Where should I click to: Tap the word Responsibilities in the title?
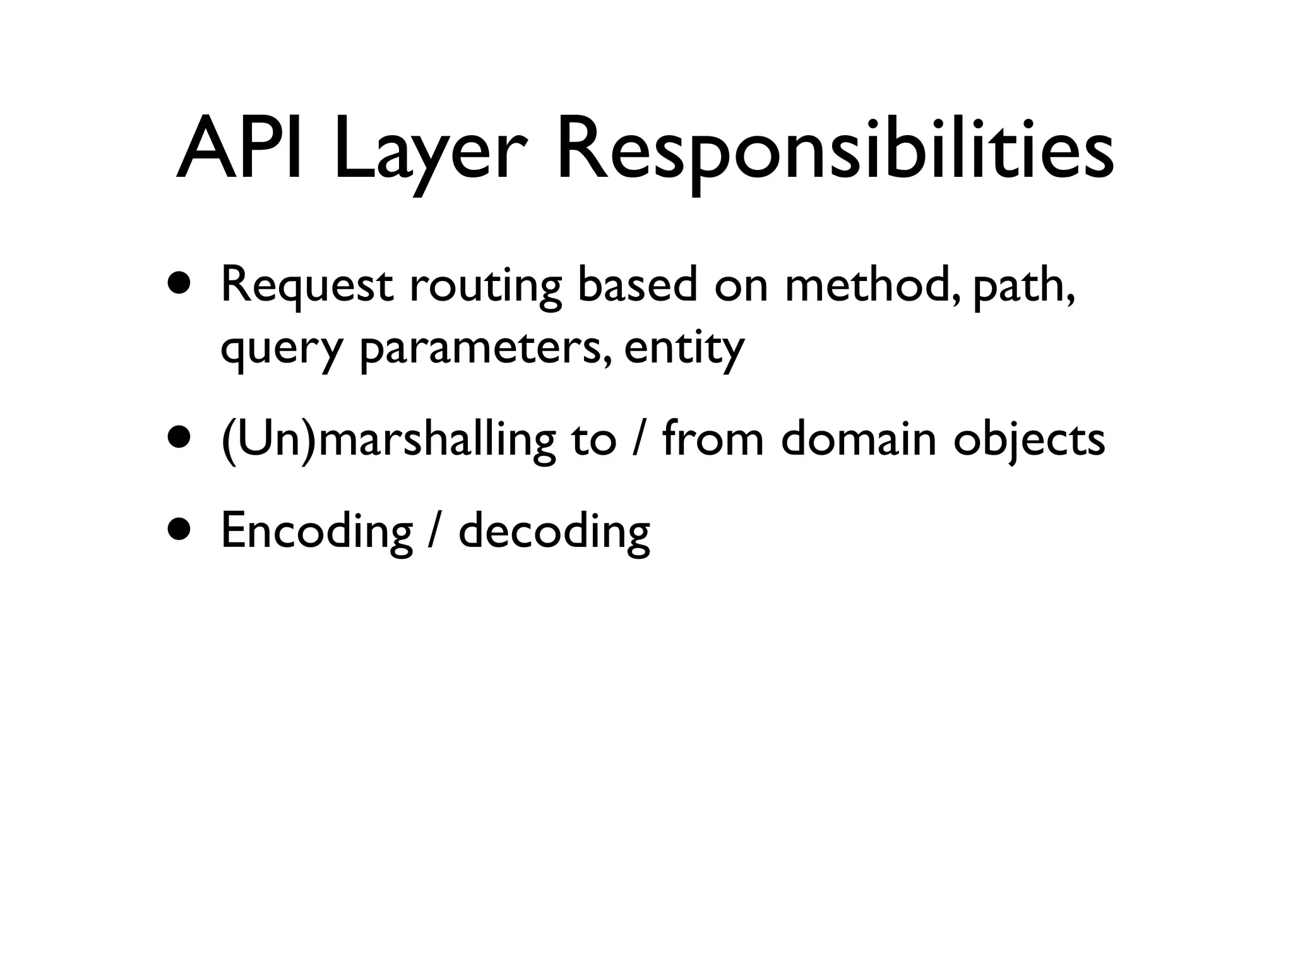pos(835,155)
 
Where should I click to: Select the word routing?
pos(485,287)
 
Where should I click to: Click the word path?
pos(1023,287)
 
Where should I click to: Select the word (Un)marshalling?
pos(388,440)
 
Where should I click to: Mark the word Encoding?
pos(316,532)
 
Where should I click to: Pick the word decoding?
pos(554,532)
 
